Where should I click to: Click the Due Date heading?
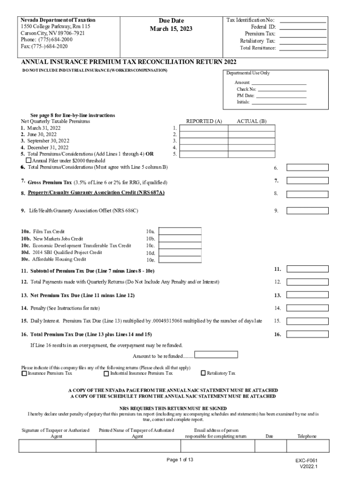pyautogui.click(x=171, y=21)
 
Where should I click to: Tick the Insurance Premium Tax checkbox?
pyautogui.click(x=24, y=373)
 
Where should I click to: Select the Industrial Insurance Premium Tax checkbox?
pyautogui.click(x=106, y=373)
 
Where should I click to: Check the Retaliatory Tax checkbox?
pyautogui.click(x=203, y=373)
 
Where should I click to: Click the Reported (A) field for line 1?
pyautogui.click(x=204, y=128)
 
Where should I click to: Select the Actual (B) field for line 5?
pyautogui.click(x=252, y=154)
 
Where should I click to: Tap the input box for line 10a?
pyautogui.click(x=180, y=231)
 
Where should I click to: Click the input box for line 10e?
pyautogui.click(x=180, y=259)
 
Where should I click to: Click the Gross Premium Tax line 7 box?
pyautogui.click(x=307, y=181)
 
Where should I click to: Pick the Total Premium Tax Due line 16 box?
pyautogui.click(x=307, y=334)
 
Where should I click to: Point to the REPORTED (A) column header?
pyautogui.click(x=204, y=121)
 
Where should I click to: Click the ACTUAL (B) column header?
pyautogui.click(x=252, y=121)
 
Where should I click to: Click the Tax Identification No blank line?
pyautogui.click(x=302, y=21)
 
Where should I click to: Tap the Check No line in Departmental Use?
pyautogui.click(x=282, y=89)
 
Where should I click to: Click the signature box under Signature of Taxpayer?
pyautogui.click(x=57, y=447)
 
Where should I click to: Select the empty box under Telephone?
pyautogui.click(x=307, y=447)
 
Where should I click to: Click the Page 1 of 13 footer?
pyautogui.click(x=180, y=460)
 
